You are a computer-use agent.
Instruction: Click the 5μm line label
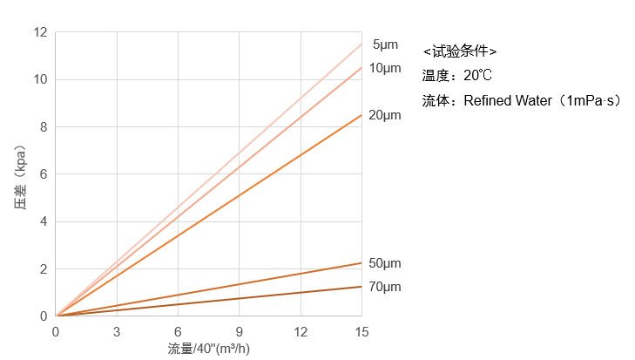coord(385,44)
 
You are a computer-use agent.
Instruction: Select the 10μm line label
coord(385,68)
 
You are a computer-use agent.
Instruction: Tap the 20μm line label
coord(385,115)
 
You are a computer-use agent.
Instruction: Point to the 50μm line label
coord(385,263)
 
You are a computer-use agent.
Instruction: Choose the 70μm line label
coord(385,287)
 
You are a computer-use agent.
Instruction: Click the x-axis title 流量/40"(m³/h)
coord(209,349)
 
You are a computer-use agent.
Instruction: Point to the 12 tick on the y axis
coord(40,32)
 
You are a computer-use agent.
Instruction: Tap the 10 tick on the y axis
coord(40,79)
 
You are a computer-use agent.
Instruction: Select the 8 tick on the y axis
coord(44,126)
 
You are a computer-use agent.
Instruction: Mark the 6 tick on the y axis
coord(44,174)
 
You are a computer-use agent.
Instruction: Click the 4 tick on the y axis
coord(44,221)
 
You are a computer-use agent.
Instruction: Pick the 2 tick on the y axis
coord(44,268)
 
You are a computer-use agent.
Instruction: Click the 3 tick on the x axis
coord(117,331)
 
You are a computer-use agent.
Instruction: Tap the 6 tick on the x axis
coord(178,331)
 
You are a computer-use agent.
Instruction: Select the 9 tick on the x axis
coord(240,331)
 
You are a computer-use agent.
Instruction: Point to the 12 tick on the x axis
coord(301,331)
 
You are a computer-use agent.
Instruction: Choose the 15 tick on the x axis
coord(361,331)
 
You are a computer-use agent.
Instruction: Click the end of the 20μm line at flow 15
coord(361,115)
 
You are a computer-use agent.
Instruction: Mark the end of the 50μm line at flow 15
coord(361,262)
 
